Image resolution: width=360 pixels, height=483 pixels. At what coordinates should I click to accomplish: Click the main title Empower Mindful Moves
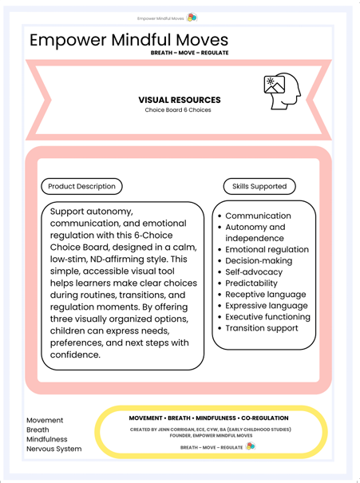129,40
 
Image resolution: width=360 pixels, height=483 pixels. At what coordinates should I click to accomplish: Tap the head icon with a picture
281,92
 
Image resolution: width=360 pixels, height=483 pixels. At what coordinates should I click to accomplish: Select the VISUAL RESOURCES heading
180,100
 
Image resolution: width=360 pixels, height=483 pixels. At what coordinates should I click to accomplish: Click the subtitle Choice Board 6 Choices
179,110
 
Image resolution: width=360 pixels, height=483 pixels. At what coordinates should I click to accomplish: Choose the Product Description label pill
81,186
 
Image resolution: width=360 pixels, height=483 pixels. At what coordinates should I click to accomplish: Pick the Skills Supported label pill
259,186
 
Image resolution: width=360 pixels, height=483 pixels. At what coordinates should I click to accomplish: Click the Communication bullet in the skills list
258,216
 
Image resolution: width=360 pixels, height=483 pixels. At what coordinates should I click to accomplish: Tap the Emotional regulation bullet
267,249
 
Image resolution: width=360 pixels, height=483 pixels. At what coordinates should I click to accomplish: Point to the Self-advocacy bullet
254,271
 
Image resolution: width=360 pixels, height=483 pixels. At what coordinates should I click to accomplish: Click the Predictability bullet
251,283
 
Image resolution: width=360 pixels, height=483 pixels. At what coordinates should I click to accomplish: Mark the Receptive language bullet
265,294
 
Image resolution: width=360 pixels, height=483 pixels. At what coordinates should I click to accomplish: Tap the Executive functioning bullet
267,316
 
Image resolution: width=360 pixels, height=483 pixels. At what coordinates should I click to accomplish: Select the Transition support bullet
263,327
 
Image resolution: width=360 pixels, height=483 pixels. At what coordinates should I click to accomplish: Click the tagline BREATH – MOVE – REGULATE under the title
189,53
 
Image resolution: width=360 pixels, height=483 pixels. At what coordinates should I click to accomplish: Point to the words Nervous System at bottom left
53,449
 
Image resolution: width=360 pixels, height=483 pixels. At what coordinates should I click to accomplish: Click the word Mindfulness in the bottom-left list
47,439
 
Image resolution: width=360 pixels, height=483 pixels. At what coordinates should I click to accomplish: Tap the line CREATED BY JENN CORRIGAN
211,429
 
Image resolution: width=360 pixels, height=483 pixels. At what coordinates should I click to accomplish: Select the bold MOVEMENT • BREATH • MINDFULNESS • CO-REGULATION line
209,418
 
